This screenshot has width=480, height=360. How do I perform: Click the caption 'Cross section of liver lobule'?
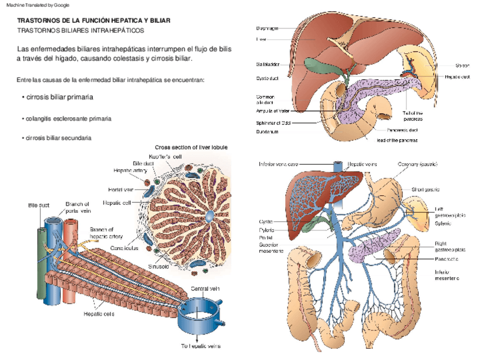click(191, 147)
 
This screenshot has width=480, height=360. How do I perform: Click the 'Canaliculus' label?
click(123, 247)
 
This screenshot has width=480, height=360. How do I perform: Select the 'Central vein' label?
click(204, 288)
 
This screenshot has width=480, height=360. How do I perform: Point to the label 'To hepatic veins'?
click(200, 345)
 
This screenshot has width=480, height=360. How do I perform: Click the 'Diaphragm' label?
click(267, 28)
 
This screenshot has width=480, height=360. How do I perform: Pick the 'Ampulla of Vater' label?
click(274, 110)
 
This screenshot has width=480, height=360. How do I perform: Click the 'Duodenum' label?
click(267, 132)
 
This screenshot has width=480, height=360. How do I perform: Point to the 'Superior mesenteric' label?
click(271, 248)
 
